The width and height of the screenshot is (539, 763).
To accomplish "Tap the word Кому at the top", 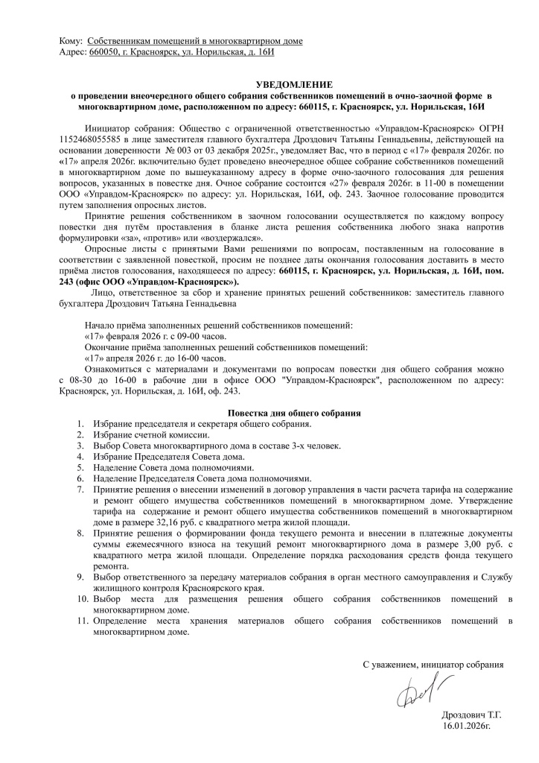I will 70,41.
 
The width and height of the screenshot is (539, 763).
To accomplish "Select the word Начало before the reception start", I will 103,326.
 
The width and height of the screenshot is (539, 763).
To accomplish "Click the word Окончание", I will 112,347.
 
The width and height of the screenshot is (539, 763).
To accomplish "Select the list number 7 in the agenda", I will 80,490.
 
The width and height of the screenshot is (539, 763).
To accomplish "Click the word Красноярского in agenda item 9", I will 197,588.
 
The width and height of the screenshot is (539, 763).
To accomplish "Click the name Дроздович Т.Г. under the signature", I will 470,713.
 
